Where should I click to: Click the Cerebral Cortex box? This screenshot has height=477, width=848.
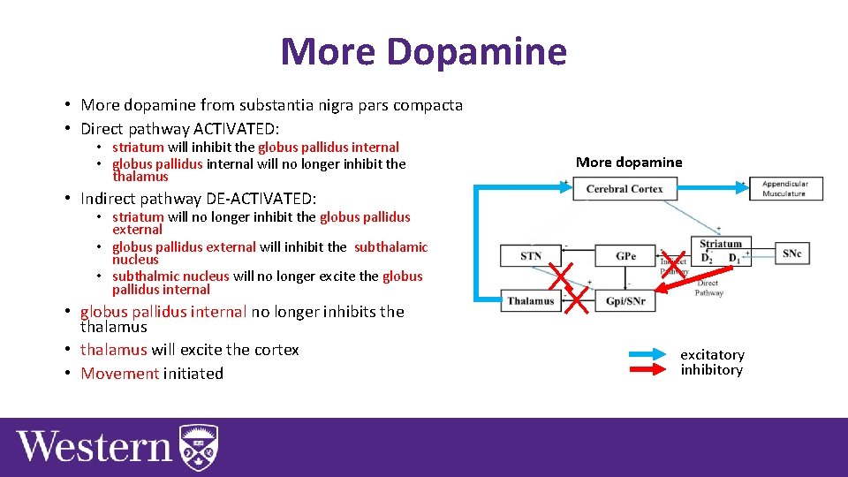pos(625,188)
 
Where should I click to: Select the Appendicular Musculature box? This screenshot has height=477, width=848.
pos(785,188)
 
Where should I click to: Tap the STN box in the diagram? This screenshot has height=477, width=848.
pos(531,256)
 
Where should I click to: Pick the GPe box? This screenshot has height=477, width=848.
pos(625,256)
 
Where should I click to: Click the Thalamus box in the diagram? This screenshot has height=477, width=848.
pos(531,300)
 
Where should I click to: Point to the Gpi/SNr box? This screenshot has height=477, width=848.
pos(625,300)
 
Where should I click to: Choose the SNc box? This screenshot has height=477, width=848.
pos(791,254)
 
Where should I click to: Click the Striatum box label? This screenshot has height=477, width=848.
pos(721,244)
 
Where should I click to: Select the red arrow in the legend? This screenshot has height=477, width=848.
pos(633,370)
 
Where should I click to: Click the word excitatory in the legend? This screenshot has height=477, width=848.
pos(712,355)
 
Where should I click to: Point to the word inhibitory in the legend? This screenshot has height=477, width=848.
pos(711,370)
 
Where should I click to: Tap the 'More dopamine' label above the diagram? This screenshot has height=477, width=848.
pos(629,162)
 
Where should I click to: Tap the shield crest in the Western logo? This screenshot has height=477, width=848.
pos(198,447)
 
